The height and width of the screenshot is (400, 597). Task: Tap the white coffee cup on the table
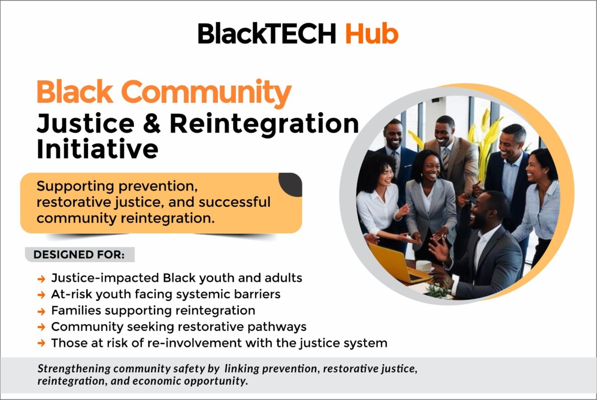(424, 267)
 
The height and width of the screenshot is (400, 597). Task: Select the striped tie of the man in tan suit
(446, 158)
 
